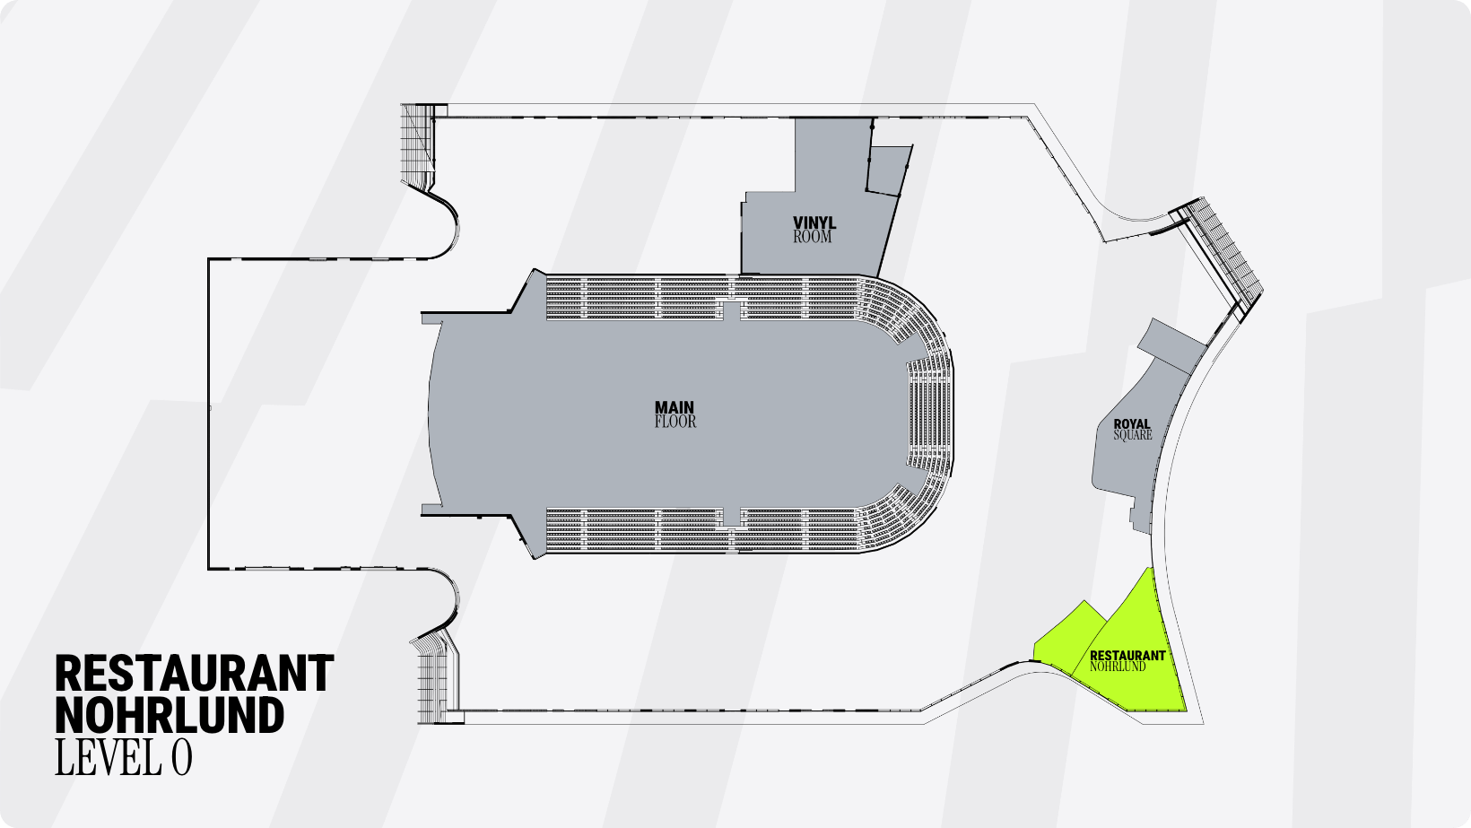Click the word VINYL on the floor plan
(x=814, y=223)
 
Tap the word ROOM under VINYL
(x=813, y=237)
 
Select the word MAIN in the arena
(x=675, y=408)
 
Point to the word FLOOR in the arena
(x=675, y=422)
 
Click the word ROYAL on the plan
(x=1132, y=424)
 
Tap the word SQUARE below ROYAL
(x=1133, y=435)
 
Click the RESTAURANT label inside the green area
(x=1127, y=655)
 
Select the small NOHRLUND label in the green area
(x=1118, y=667)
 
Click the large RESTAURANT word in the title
(x=195, y=673)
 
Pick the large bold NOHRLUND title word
(x=170, y=715)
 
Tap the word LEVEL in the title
(x=109, y=757)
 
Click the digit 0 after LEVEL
(x=182, y=757)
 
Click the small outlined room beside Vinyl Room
(x=889, y=170)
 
